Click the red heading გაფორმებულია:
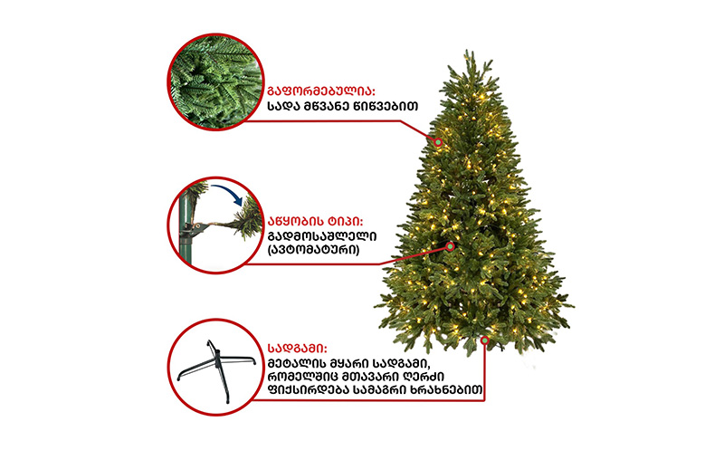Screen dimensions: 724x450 pyautogui.click(x=321, y=91)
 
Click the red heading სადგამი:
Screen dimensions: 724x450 pyautogui.click(x=298, y=349)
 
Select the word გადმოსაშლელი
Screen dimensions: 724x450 pyautogui.click(x=322, y=236)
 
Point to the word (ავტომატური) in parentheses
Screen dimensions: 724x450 pyautogui.click(x=313, y=250)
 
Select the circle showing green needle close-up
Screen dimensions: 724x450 pyautogui.click(x=215, y=81)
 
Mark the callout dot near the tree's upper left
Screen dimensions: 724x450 pyautogui.click(x=438, y=142)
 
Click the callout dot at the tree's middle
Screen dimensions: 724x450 pyautogui.click(x=450, y=246)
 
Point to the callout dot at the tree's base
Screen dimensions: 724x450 pyautogui.click(x=485, y=340)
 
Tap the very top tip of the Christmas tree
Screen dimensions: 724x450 pyautogui.click(x=468, y=50)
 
